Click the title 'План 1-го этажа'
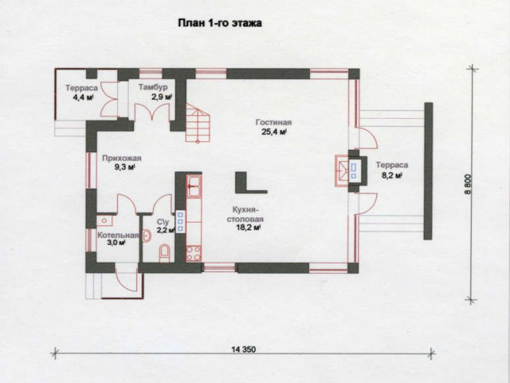(x=220, y=23)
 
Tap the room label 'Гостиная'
(x=273, y=122)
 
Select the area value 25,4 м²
(x=273, y=132)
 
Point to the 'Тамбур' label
(x=153, y=87)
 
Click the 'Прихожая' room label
(x=122, y=158)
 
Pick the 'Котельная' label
(x=118, y=235)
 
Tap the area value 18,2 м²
(x=248, y=227)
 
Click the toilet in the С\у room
(x=165, y=253)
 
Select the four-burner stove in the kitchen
(x=194, y=254)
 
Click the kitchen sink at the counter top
(x=194, y=186)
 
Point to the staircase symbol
(x=198, y=122)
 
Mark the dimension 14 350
(x=244, y=349)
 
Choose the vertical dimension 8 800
(x=468, y=187)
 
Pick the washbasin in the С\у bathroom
(x=147, y=236)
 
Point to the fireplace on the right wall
(x=351, y=171)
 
